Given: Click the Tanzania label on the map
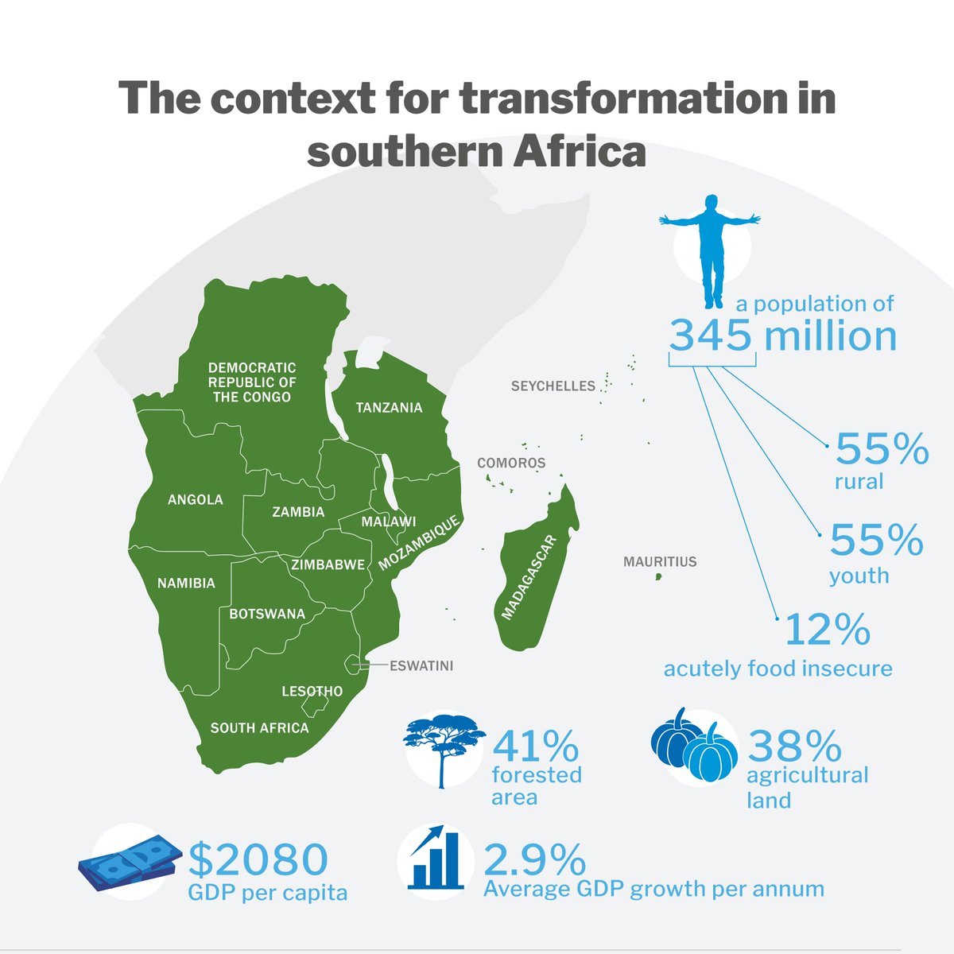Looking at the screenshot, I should [389, 408].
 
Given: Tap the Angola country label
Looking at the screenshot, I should [196, 500].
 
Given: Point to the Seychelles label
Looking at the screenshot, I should [553, 386].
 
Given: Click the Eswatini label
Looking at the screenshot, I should [421, 666].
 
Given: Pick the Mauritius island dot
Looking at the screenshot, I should [658, 577].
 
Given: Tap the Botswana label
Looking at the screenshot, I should [267, 614].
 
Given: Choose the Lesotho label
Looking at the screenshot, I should [312, 691].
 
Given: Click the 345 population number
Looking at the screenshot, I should [710, 335].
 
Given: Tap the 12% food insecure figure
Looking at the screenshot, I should [828, 629].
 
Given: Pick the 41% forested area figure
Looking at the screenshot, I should [536, 747].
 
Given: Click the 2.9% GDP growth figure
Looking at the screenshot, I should [534, 860].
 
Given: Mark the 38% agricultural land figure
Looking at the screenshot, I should [793, 747].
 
